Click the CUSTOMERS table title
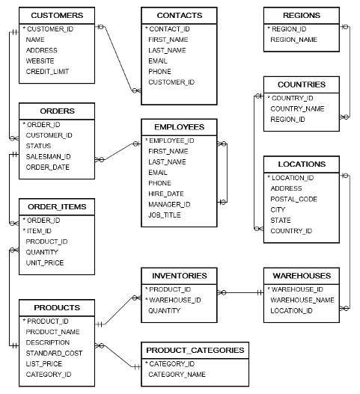(57, 15)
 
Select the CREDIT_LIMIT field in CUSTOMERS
(47, 71)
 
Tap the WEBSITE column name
(40, 61)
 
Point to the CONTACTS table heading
(179, 15)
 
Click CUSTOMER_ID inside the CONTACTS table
(171, 81)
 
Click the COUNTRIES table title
(301, 84)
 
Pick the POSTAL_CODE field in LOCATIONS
(294, 199)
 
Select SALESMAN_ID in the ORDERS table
(48, 156)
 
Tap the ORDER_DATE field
(47, 167)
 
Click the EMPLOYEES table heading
(179, 126)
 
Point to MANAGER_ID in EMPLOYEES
(169, 204)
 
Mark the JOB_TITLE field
(165, 215)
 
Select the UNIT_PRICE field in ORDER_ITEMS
(45, 262)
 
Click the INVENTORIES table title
(179, 275)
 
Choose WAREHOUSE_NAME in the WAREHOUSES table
(302, 300)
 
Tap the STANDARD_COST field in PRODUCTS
(54, 352)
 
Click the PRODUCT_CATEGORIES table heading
(195, 350)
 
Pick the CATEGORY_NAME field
(178, 374)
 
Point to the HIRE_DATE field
(165, 194)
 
